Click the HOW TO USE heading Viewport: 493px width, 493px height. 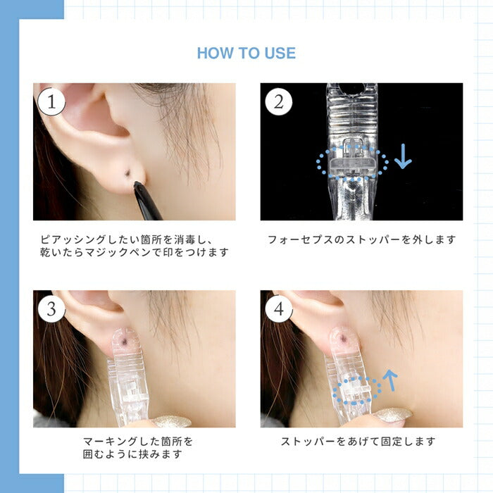[246, 53]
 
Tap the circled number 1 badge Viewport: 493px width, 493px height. [51, 102]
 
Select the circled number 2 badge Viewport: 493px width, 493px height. [279, 102]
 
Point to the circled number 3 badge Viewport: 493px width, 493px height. [51, 308]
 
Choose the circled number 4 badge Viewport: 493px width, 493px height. [279, 308]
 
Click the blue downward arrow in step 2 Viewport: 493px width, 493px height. [403, 156]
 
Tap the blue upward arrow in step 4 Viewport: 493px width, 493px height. [390, 380]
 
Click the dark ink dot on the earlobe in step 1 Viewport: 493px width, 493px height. [127, 173]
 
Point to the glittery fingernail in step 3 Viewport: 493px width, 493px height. [172, 421]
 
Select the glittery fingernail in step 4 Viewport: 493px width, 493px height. [393, 414]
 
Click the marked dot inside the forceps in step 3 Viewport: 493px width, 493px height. [126, 342]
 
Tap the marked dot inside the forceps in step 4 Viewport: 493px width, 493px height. [344, 338]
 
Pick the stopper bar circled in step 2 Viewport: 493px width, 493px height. [352, 163]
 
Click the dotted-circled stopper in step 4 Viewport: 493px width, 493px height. [356, 391]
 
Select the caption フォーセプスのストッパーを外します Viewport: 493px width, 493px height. [361, 240]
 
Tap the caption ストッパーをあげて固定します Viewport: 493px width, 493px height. [358, 442]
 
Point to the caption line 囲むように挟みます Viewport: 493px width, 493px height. [132, 454]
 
